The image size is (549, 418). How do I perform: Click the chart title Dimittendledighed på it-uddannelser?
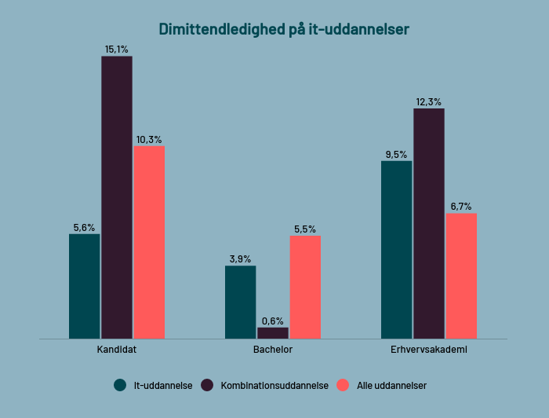[x=283, y=29]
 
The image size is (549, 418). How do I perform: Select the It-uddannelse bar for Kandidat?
[x=84, y=286]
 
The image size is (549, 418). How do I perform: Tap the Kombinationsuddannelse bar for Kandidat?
[x=117, y=197]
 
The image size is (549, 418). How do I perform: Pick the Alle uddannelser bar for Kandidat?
[x=149, y=242]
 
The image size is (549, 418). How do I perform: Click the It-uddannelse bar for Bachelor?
[x=240, y=302]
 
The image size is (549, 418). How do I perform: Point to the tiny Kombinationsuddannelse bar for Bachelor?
[x=273, y=333]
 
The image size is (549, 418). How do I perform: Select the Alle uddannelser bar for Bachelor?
[x=305, y=287]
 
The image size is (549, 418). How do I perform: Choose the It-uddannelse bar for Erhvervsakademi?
[x=396, y=250]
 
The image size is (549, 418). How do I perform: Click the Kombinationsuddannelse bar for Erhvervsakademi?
[x=429, y=223]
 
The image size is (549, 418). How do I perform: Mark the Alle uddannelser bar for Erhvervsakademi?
[x=461, y=276]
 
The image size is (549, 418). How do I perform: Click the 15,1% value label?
[x=117, y=49]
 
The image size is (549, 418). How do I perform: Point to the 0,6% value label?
[x=273, y=321]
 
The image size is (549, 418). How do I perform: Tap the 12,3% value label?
[x=429, y=102]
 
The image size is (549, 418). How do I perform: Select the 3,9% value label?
[x=240, y=259]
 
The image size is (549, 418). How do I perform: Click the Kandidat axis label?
[x=117, y=350]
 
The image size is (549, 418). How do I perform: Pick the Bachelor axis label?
[x=273, y=350]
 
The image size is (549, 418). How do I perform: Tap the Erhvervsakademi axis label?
[x=429, y=350]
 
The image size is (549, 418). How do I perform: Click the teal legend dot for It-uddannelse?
[x=120, y=385]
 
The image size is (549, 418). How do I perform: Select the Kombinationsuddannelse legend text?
[x=274, y=386]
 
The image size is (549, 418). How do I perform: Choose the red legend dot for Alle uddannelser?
[x=342, y=385]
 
